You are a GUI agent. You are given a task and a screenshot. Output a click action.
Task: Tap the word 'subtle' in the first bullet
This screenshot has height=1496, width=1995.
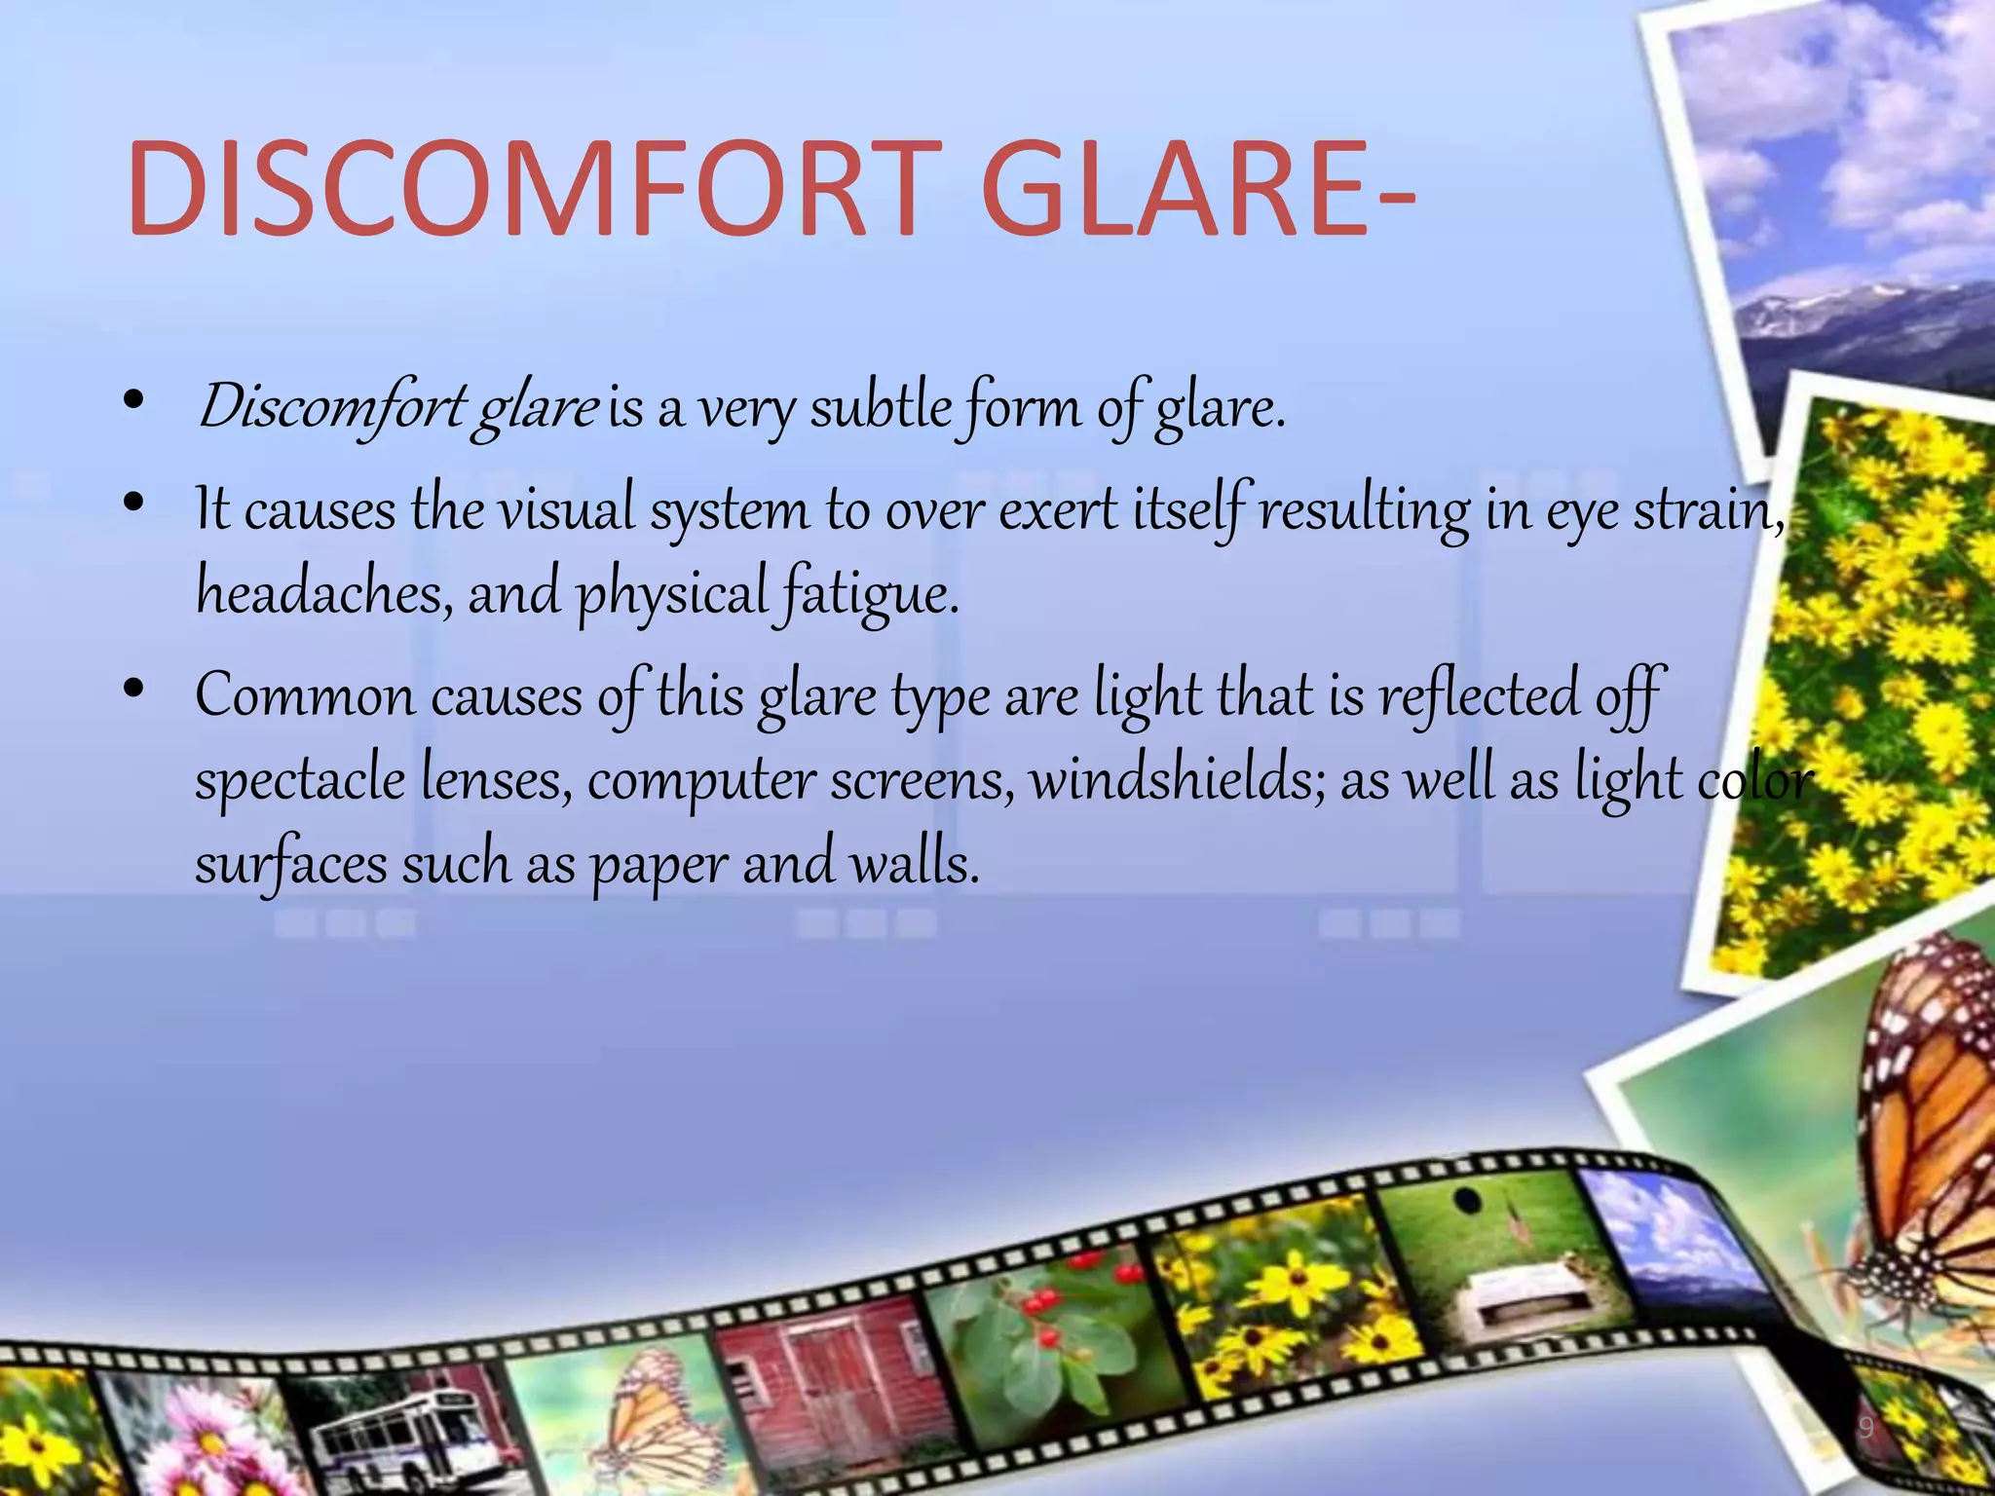881,407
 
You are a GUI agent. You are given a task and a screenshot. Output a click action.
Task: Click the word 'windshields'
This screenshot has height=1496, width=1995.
1178,779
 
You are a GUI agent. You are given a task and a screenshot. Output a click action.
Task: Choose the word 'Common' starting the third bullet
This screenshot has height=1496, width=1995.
305,696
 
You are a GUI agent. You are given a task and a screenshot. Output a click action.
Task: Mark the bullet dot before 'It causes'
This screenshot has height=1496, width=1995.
134,504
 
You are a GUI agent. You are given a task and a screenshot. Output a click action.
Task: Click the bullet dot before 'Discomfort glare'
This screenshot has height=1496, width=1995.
134,400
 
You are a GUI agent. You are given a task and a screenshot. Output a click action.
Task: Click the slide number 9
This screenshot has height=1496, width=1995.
1865,1429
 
